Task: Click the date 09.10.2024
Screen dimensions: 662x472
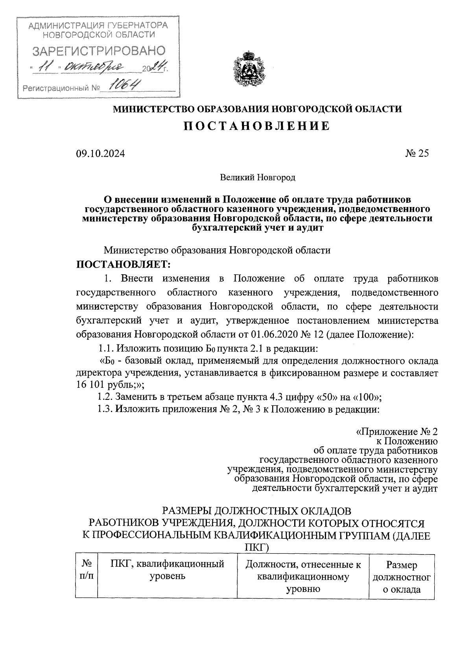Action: coord(100,154)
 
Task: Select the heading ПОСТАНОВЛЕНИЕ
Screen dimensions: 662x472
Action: coord(257,126)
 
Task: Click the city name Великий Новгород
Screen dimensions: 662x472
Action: coord(257,178)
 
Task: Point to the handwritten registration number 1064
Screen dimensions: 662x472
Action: coord(125,85)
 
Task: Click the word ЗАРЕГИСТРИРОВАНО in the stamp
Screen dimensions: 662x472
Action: coord(98,51)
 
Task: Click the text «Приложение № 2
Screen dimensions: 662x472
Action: coord(396,432)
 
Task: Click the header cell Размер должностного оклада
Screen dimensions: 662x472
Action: coord(401,577)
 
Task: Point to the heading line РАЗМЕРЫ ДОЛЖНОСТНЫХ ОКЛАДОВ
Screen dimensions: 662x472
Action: coord(257,511)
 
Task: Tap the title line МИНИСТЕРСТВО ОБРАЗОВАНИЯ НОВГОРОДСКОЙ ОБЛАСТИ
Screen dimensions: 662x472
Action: coord(258,109)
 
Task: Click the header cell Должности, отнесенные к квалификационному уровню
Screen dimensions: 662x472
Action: coord(302,577)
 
